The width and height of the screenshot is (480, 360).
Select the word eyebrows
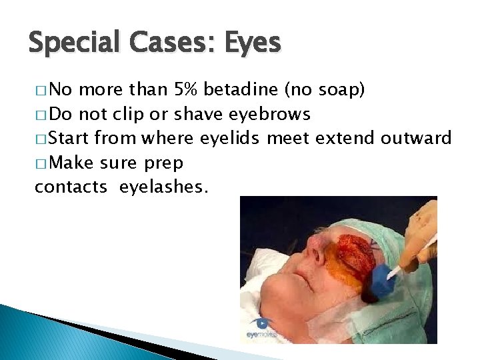click(x=270, y=114)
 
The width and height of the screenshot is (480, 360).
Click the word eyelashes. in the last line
click(x=164, y=188)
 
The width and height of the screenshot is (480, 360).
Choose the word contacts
click(x=71, y=188)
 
